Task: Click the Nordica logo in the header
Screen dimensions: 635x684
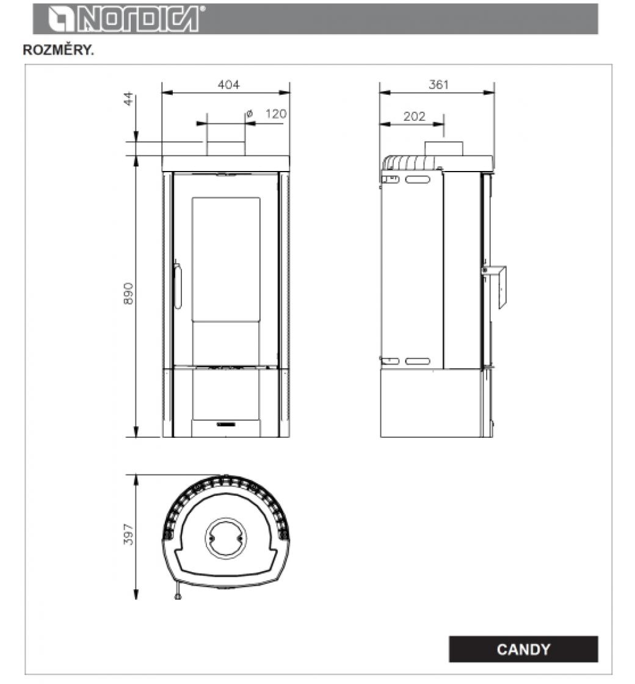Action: tap(125, 19)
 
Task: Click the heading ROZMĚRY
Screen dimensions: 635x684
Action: tap(58, 50)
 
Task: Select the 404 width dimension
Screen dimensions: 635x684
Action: tap(228, 85)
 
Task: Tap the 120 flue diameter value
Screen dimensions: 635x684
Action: tap(276, 114)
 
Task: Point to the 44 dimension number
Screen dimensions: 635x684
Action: tap(129, 98)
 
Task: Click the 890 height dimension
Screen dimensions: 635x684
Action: tap(128, 294)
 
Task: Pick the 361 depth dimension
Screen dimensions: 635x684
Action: tap(438, 85)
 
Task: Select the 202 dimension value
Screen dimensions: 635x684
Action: tap(414, 117)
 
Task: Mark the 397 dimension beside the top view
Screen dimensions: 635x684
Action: tap(128, 534)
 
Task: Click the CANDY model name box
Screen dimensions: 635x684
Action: tap(523, 649)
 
